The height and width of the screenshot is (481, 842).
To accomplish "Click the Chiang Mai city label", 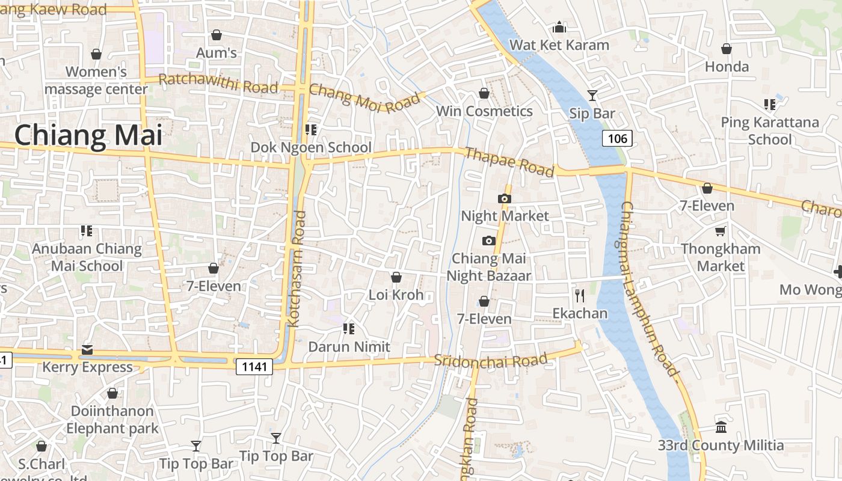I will point(88,135).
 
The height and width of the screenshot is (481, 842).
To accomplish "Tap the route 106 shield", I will point(617,139).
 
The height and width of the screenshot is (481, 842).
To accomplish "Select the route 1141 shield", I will point(254,366).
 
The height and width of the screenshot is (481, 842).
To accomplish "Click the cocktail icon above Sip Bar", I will point(592,95).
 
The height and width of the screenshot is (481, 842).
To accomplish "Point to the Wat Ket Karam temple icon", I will point(559,27).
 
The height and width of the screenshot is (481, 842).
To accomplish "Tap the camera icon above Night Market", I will point(505,198).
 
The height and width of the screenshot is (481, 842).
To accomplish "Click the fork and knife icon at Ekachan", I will point(580,295).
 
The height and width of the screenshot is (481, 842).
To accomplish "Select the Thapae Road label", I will point(509,162).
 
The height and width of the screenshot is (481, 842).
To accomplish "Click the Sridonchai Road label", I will point(490,361).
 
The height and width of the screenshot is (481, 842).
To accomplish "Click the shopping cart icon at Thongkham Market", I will point(720,231).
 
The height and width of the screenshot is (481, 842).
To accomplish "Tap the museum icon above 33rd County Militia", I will point(721,427).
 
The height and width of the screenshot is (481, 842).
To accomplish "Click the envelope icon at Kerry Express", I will point(87,350).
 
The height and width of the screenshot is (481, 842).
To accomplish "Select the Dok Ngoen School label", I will point(311,147).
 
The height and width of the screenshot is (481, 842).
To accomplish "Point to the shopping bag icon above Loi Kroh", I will point(396,277).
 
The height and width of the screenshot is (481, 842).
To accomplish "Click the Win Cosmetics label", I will point(484,111).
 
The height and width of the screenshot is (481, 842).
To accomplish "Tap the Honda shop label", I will point(727,66).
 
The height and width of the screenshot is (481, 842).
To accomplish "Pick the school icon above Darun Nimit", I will point(348,329).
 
